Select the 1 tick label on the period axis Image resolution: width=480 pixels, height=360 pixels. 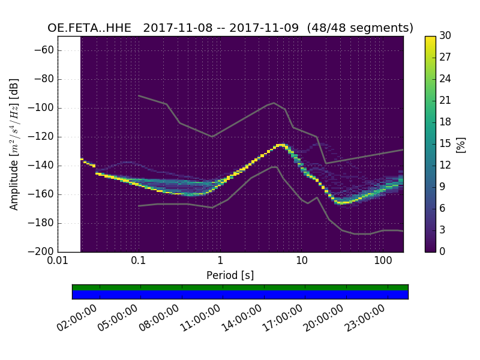coord(220,261)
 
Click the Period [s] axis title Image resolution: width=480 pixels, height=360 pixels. coord(230,275)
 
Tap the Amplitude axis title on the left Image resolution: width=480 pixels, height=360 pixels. coord(14,144)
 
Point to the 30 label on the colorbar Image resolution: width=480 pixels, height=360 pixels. coord(445,36)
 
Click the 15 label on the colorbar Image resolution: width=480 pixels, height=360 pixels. coord(445,143)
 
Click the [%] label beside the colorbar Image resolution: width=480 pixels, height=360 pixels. coord(461,144)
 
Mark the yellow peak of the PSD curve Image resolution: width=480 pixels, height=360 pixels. coord(280,145)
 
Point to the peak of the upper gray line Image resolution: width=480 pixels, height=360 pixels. coord(274,103)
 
